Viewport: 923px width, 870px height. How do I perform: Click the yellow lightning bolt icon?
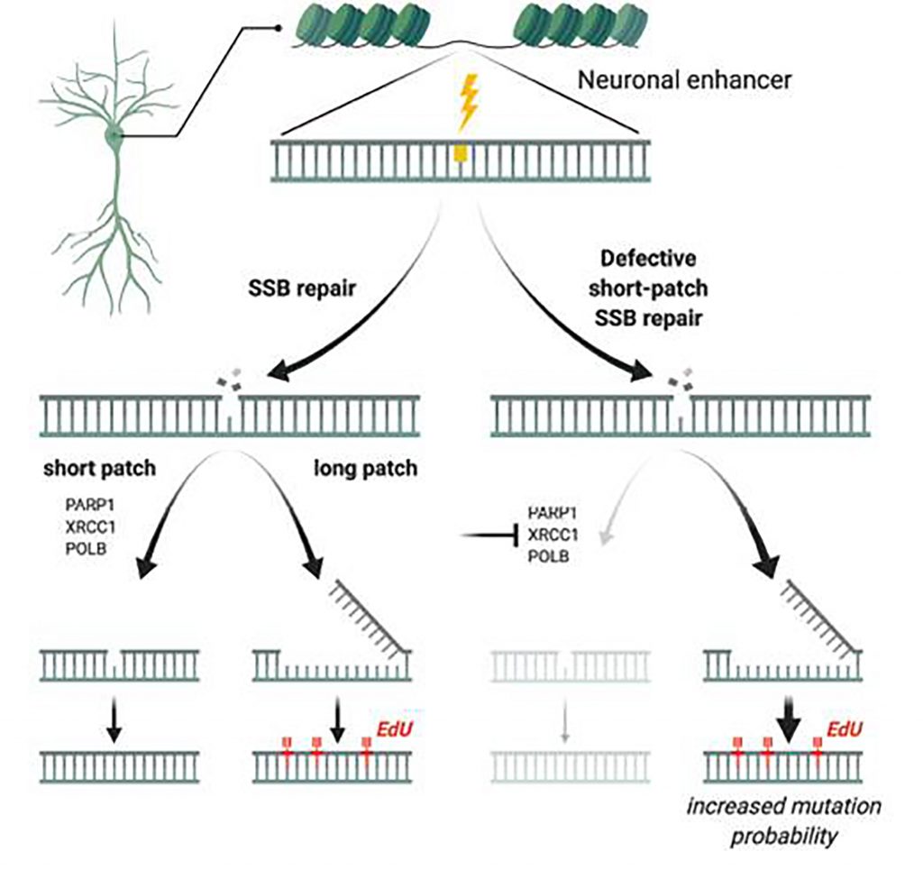468,103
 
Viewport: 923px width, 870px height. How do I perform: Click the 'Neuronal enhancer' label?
684,80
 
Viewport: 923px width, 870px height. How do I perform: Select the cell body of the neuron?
115,138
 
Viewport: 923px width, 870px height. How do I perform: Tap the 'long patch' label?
356,470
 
